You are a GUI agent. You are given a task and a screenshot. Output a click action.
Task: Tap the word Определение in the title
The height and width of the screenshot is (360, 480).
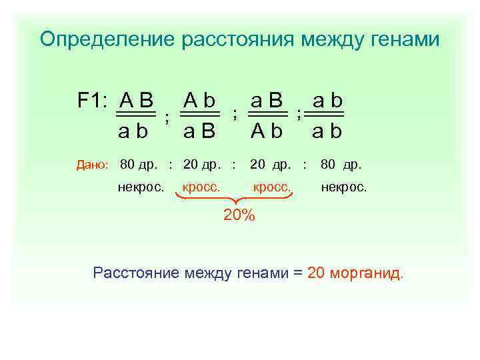coord(107,39)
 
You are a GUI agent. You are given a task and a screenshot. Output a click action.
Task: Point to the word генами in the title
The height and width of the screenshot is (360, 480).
coord(406,39)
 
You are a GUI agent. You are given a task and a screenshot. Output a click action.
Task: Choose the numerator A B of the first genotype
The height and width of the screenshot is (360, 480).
coord(136,101)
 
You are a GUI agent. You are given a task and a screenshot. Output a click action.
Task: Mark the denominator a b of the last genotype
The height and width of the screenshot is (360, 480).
coord(327,131)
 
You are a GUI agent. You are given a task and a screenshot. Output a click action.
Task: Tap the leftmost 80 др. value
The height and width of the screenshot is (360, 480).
coord(140,164)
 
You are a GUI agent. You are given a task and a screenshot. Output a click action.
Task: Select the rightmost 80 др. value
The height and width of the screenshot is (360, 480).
coord(341,164)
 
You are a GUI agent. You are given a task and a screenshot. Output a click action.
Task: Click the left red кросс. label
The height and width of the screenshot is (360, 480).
coord(201,187)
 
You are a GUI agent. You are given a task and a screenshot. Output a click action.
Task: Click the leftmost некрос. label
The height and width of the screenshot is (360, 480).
coord(141,187)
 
